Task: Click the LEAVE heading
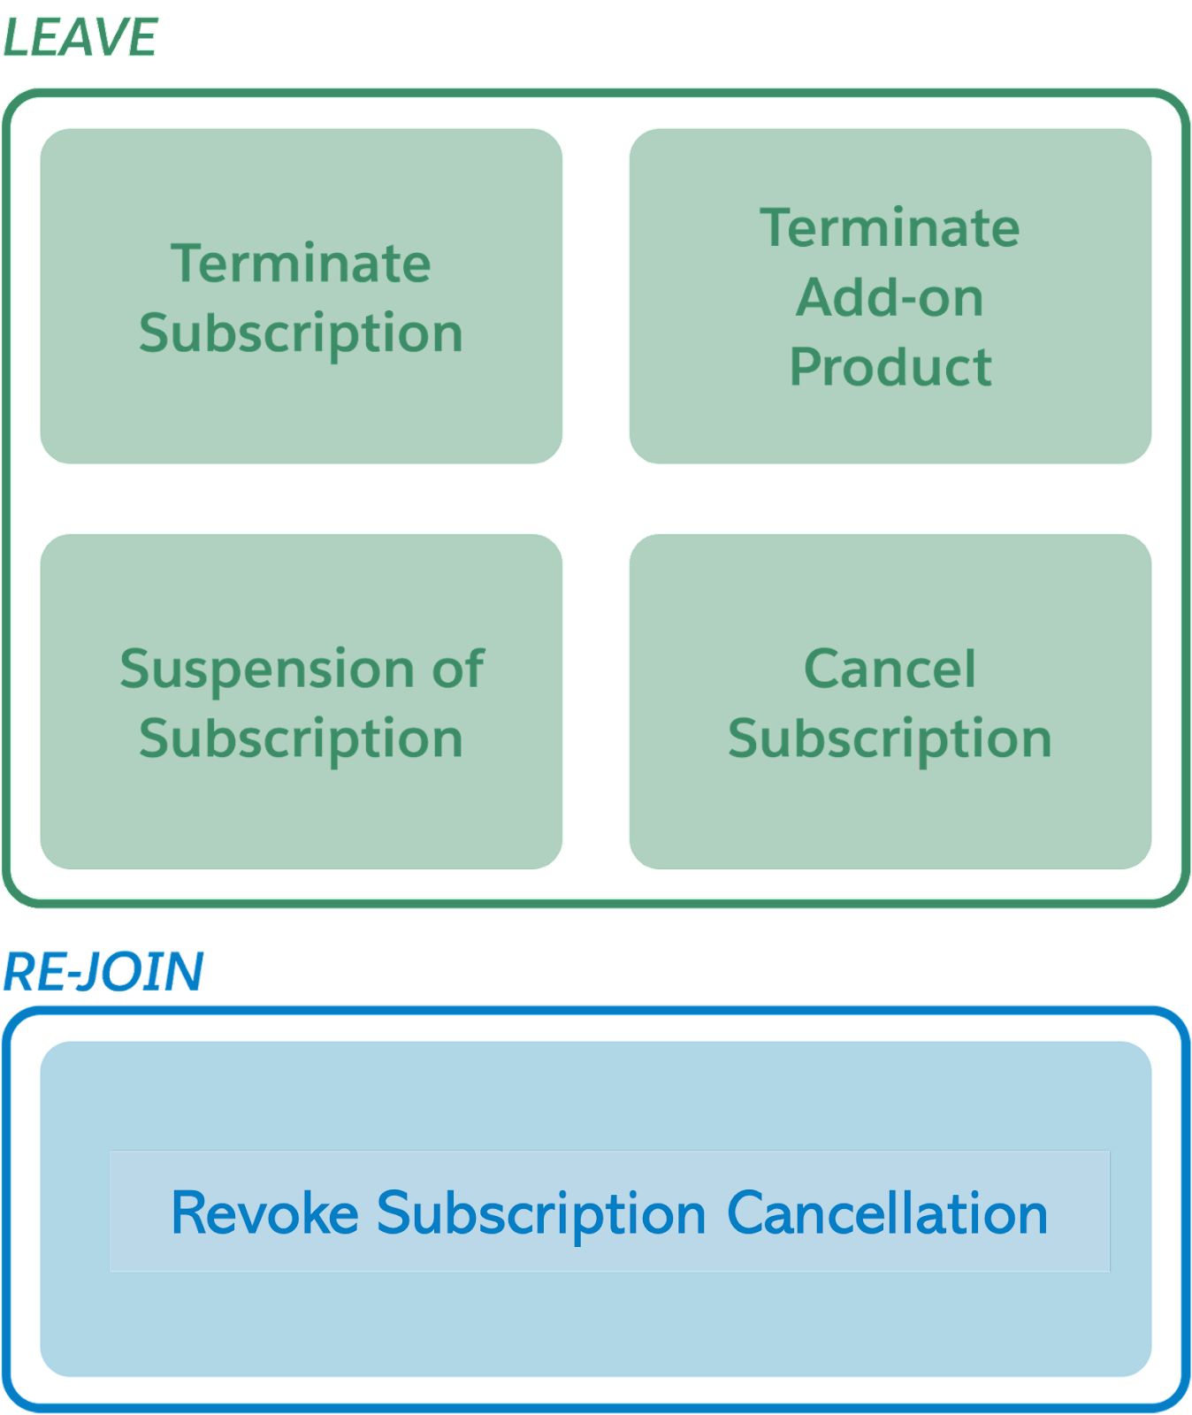click(80, 38)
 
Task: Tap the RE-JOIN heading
click(103, 972)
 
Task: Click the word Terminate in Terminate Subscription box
click(301, 263)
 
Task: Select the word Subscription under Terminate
click(301, 333)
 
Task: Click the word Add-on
click(890, 297)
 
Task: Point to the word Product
click(890, 366)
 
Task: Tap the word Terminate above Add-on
click(890, 227)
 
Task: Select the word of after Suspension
click(458, 668)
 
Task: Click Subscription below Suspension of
click(301, 738)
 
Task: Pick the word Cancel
click(890, 668)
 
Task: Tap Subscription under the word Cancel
click(890, 738)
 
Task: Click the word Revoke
click(264, 1212)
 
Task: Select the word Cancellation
click(887, 1212)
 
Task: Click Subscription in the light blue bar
click(541, 1214)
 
